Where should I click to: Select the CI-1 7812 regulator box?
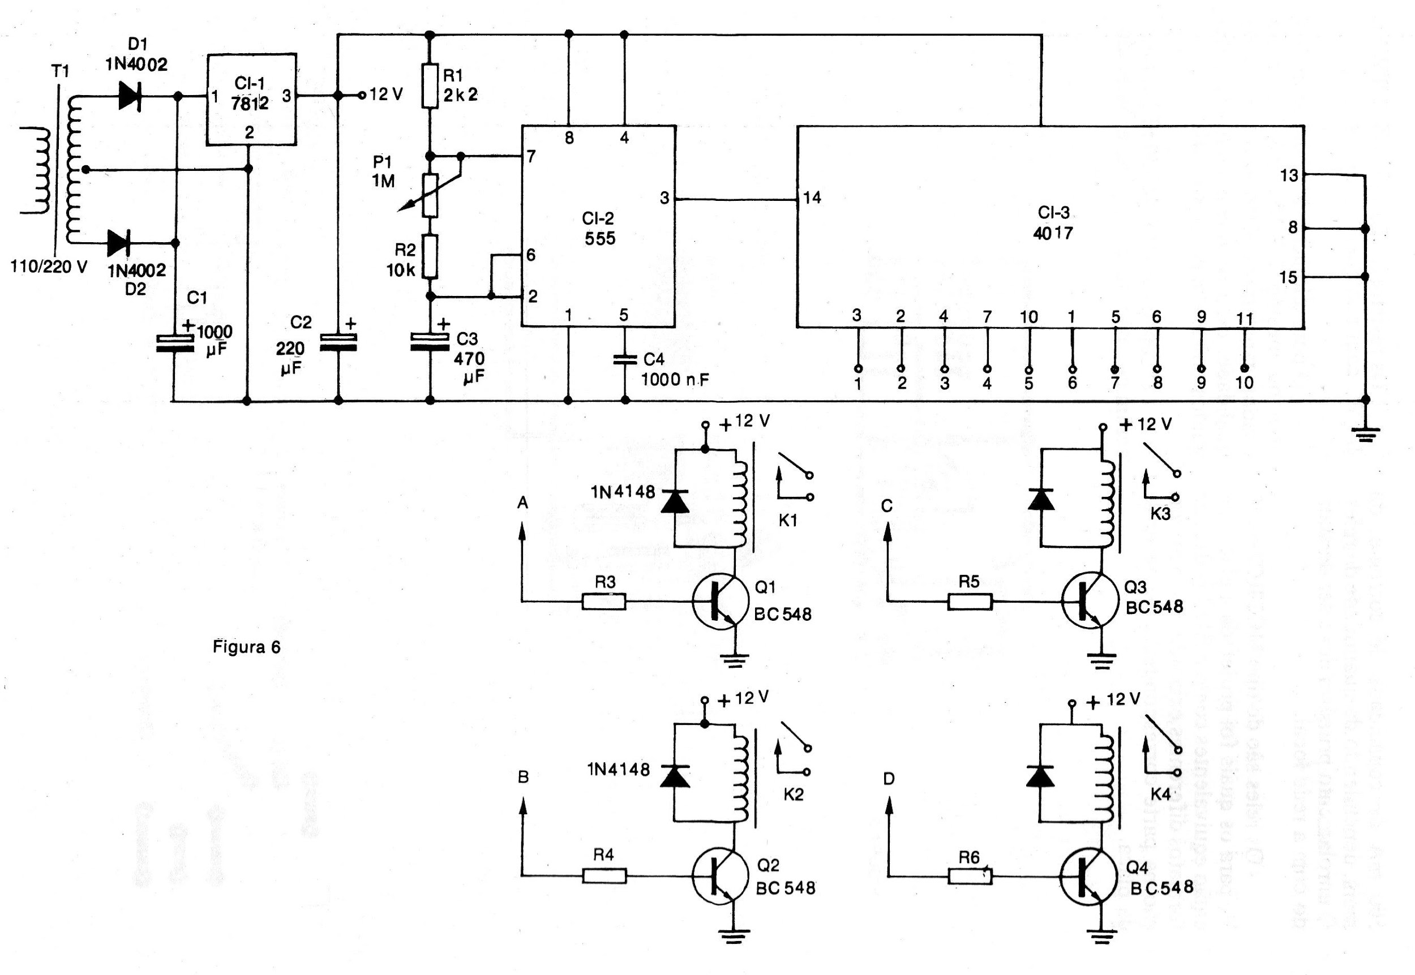(252, 100)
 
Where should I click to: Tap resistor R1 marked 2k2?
(430, 85)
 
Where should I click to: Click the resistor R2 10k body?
(430, 256)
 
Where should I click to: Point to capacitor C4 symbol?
(624, 359)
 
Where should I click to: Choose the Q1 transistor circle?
(721, 601)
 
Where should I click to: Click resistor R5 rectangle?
(970, 602)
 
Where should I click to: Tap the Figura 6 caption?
(246, 647)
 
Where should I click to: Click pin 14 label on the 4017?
(813, 197)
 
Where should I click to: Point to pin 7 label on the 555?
(531, 156)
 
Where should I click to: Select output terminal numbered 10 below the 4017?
(1245, 368)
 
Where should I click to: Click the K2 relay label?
(793, 794)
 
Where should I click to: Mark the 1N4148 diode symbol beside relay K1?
(675, 500)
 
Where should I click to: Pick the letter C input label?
(887, 506)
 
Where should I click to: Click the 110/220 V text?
(49, 267)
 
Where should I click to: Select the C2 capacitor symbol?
(338, 343)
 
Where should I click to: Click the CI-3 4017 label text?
(1053, 222)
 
